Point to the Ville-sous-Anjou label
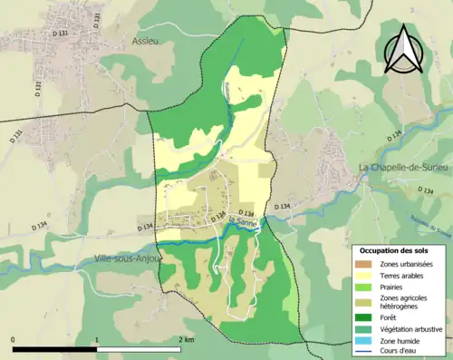coord(127,258)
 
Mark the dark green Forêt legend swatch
coord(368,317)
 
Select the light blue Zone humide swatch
coord(368,341)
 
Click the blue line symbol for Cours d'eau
coord(368,352)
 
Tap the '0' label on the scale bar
coord(14,339)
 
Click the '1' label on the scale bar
coord(97,339)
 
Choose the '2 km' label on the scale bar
coord(186,339)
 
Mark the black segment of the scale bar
coord(55,349)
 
